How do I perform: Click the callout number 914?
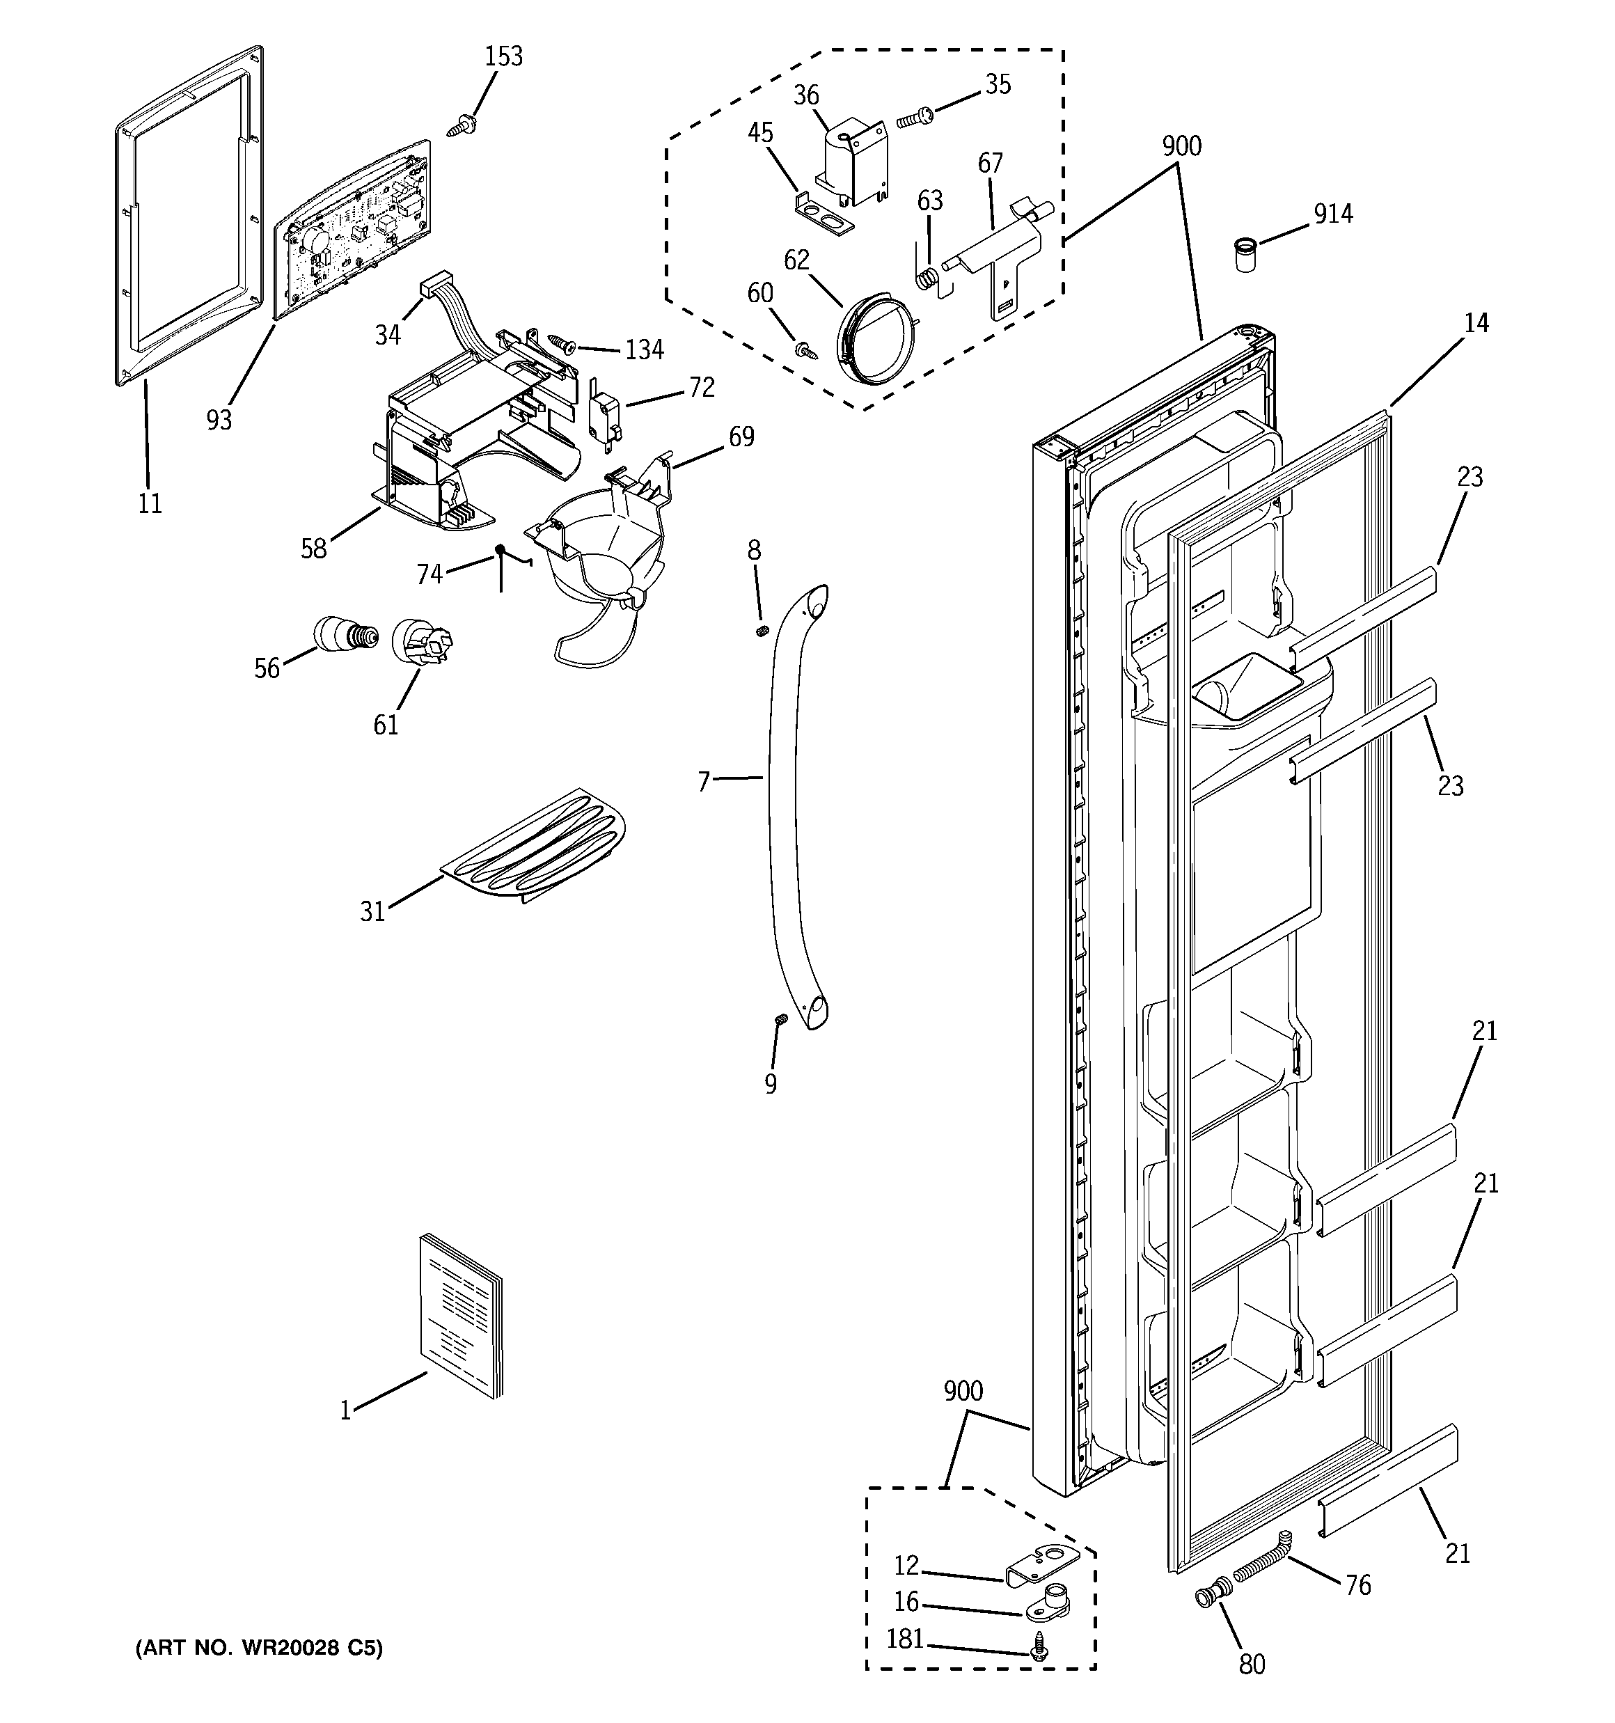1332,213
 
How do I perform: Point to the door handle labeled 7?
793,806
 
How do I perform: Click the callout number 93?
219,420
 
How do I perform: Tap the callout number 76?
1357,1585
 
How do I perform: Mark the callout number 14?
1476,322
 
